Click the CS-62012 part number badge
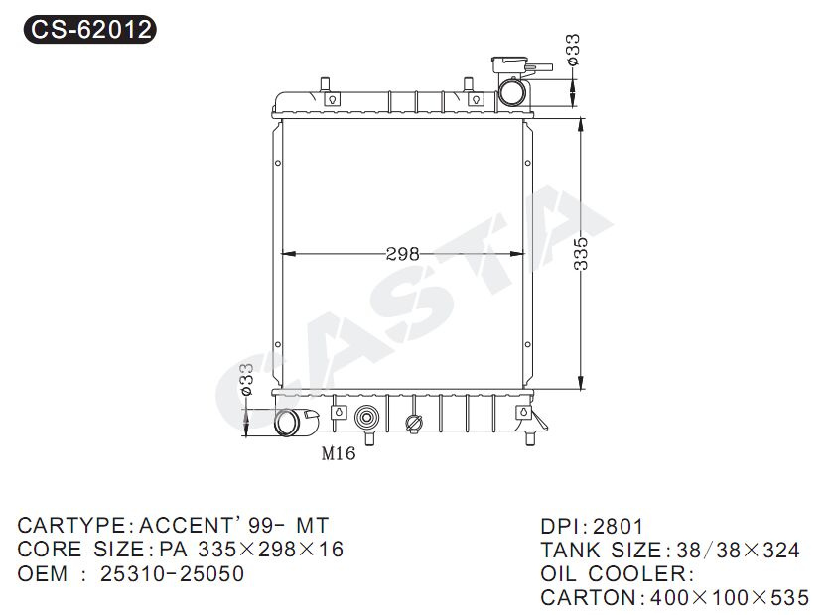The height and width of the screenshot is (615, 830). coord(90,29)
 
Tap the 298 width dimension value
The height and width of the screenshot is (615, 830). coord(403,254)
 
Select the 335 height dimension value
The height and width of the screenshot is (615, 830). coord(581,254)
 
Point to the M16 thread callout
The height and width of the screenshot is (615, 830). coord(339,453)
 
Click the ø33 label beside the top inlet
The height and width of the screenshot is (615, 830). coord(573,50)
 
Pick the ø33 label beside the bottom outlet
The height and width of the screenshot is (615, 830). coord(246,379)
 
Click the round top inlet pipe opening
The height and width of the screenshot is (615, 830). coord(512,92)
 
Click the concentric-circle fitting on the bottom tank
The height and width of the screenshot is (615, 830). coord(365,418)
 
